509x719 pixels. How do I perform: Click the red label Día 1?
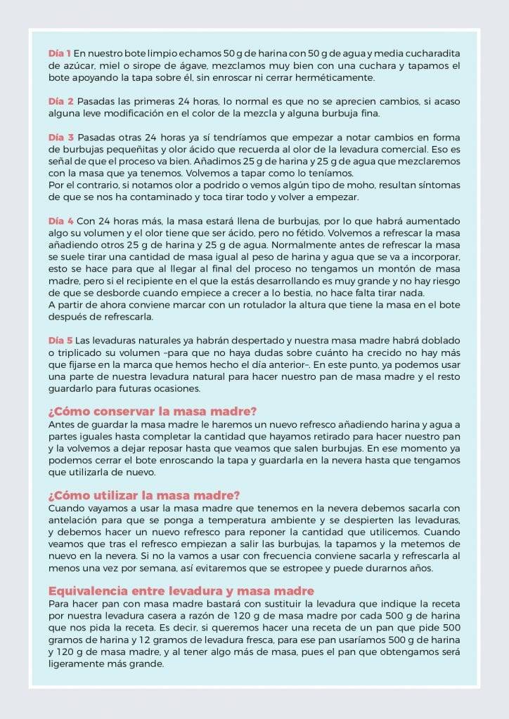[59, 53]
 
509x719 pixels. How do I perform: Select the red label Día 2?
[60, 101]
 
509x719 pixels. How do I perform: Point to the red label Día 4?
[60, 220]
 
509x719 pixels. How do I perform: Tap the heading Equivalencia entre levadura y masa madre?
[181, 591]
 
